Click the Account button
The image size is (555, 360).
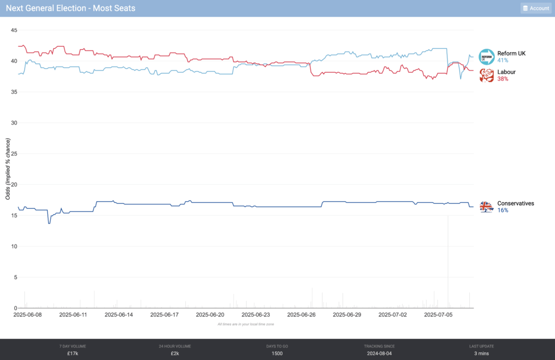(x=535, y=8)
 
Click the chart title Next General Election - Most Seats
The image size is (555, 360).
(x=71, y=8)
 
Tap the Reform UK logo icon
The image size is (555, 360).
(x=487, y=56)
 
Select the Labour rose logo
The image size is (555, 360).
(x=487, y=75)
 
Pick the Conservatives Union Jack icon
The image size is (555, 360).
(x=487, y=207)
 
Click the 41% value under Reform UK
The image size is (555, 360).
(x=503, y=60)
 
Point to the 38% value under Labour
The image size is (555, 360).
(x=503, y=79)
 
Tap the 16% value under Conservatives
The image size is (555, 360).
(x=503, y=210)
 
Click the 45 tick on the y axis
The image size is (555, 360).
(x=14, y=30)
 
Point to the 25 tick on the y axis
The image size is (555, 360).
(x=14, y=153)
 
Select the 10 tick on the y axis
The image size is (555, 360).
(x=14, y=246)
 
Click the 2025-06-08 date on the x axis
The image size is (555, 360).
(x=27, y=314)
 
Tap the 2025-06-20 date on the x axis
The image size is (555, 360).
(x=210, y=314)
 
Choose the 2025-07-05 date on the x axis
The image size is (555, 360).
(x=438, y=314)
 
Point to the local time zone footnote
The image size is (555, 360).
(x=246, y=324)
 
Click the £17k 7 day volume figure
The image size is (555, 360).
(x=73, y=353)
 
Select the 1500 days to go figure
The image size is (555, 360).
(x=277, y=353)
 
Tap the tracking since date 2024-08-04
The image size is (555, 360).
(x=379, y=353)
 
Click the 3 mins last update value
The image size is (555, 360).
(x=481, y=353)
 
